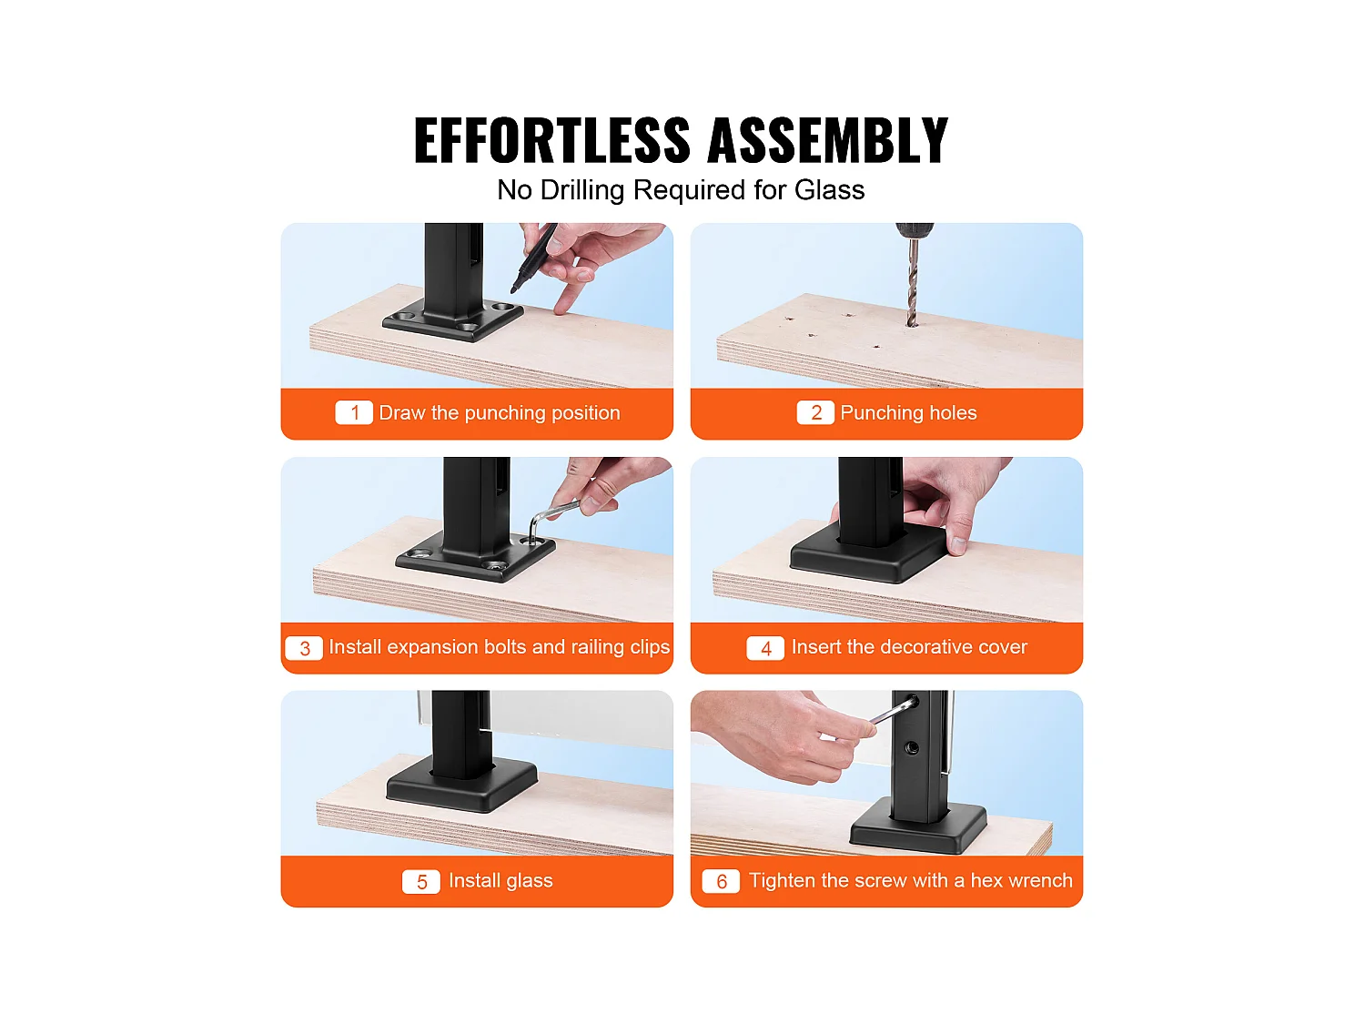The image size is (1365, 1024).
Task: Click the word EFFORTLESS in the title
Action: [x=551, y=140]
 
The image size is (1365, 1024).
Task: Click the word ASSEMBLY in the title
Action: [x=828, y=140]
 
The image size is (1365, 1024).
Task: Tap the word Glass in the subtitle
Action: [x=830, y=189]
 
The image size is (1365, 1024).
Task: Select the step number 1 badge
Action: [x=354, y=412]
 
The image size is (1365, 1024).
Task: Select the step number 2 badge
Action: [x=815, y=412]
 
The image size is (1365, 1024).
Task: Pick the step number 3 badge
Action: [x=304, y=648]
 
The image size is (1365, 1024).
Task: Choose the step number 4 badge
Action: [x=765, y=648]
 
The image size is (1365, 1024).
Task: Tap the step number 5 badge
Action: [x=421, y=882]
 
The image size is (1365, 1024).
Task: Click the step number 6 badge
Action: [x=721, y=882]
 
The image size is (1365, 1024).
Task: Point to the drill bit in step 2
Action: [x=913, y=283]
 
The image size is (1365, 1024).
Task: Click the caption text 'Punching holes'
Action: [x=908, y=413]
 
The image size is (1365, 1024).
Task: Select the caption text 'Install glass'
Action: [x=500, y=881]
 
